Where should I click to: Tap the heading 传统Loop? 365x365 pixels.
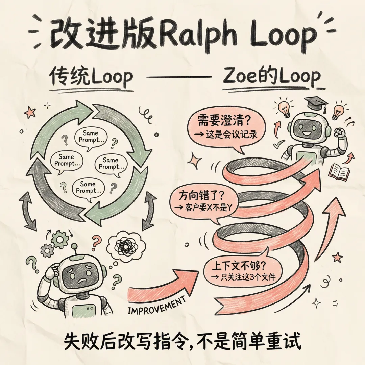click(x=91, y=77)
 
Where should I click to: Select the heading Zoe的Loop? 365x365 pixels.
click(x=272, y=77)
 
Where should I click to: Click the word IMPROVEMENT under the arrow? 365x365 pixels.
click(x=157, y=305)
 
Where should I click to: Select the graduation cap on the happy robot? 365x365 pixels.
click(x=316, y=101)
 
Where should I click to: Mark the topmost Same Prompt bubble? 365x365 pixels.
click(x=90, y=136)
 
